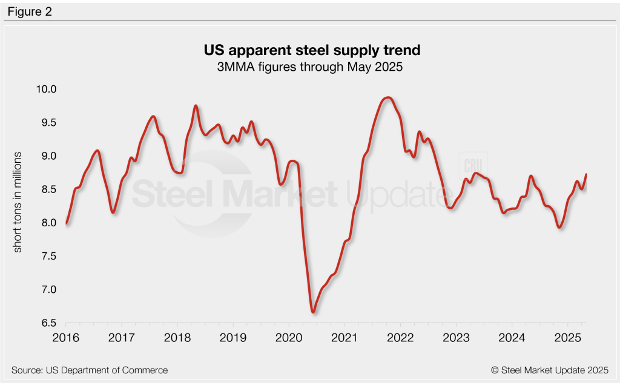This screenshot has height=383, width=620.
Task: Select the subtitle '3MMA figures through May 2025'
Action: click(x=309, y=67)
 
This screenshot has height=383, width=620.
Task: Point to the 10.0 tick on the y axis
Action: click(x=45, y=90)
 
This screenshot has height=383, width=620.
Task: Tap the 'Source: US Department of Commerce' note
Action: click(x=90, y=370)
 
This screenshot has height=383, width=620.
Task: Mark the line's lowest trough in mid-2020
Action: click(x=313, y=312)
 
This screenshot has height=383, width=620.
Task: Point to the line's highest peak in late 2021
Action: click(x=388, y=97)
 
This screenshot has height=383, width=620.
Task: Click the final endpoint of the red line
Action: click(x=586, y=175)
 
